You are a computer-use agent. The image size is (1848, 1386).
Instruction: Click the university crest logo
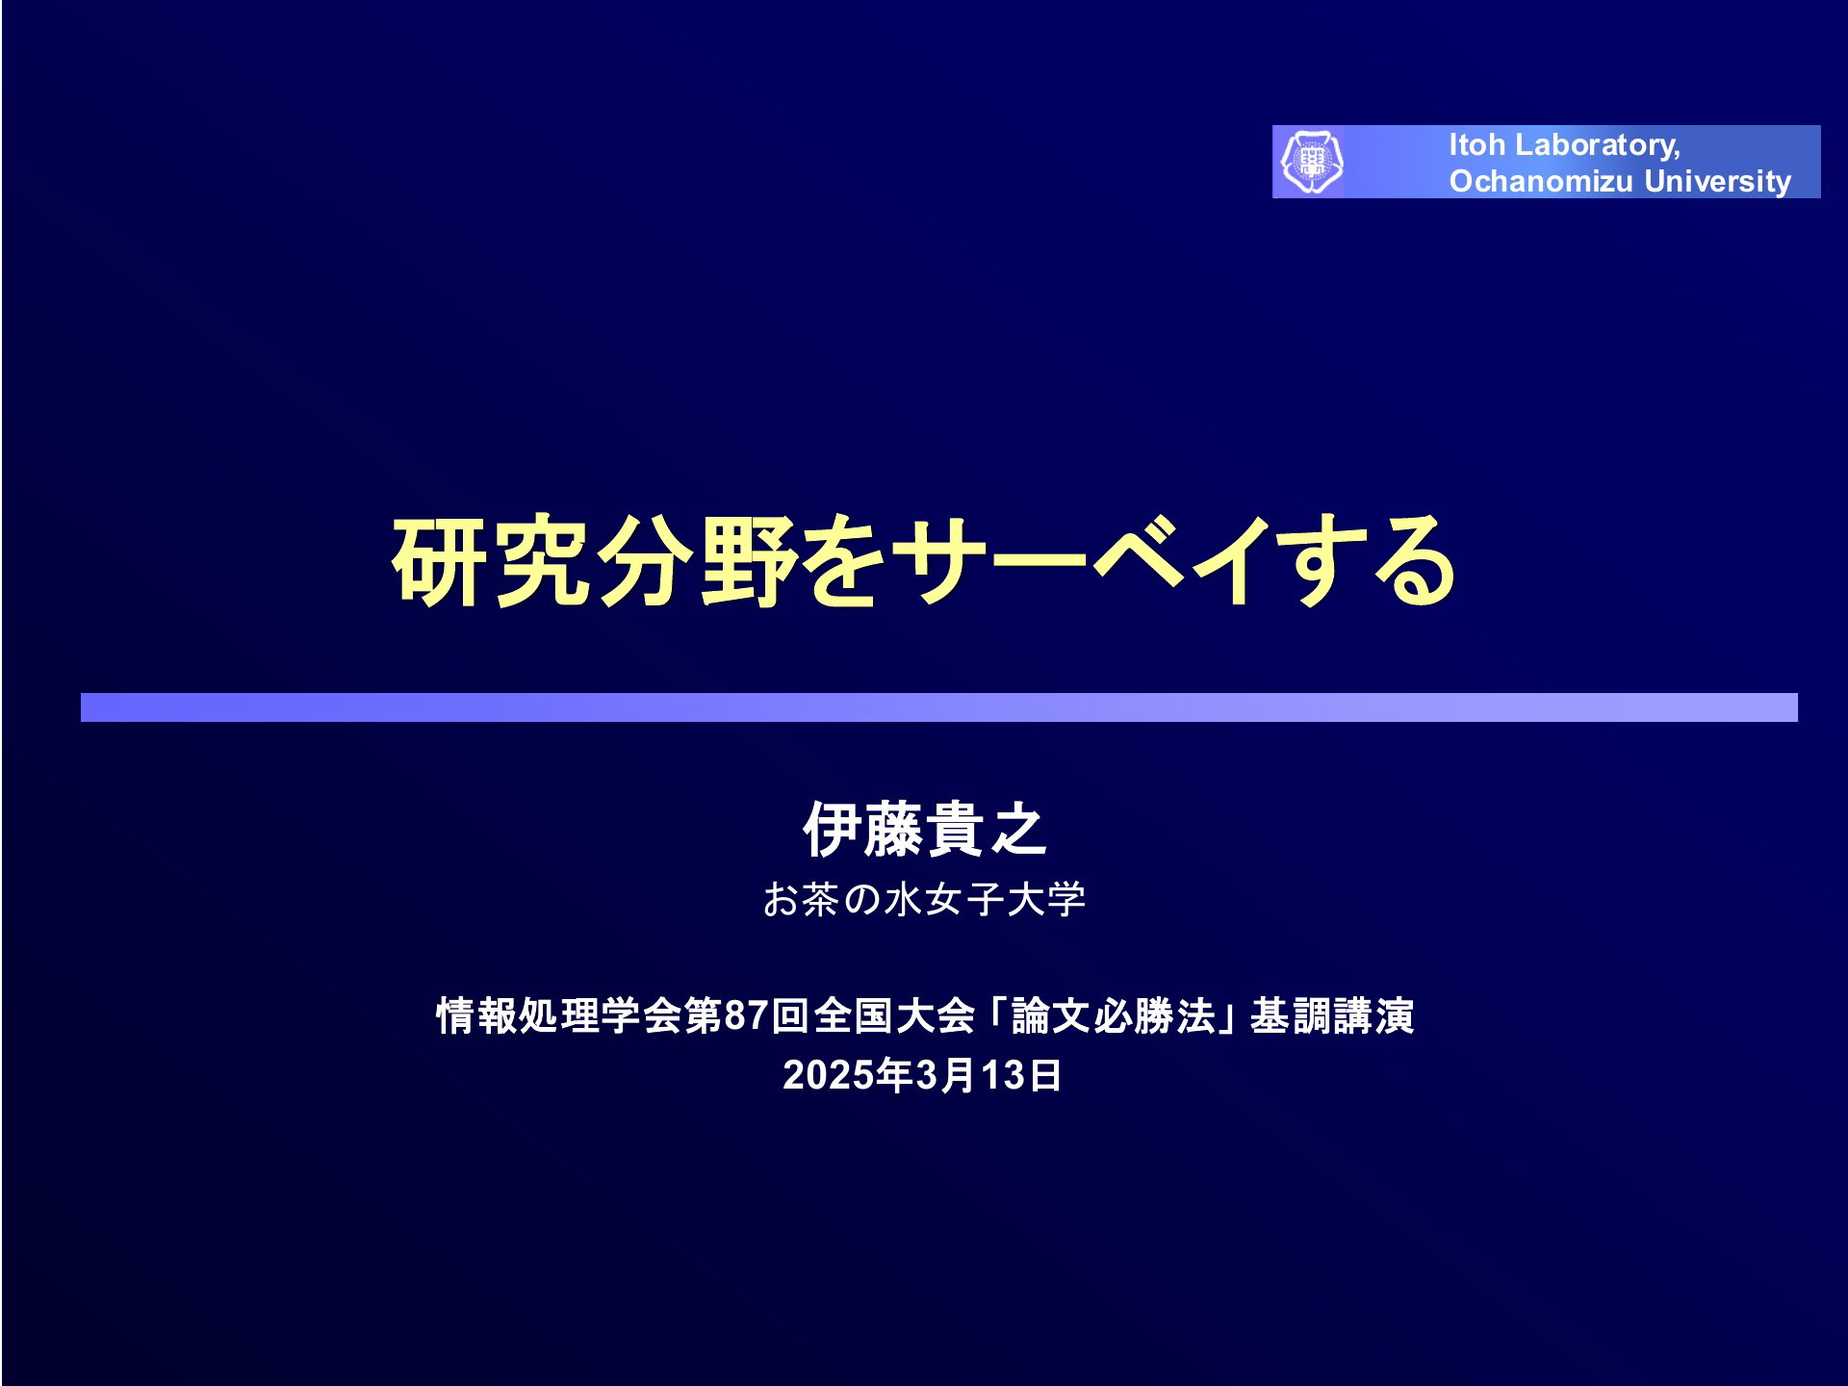pyautogui.click(x=1311, y=162)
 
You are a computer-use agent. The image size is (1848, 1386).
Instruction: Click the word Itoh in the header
pyautogui.click(x=1476, y=144)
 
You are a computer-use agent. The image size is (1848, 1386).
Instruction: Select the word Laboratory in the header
pyautogui.click(x=1597, y=145)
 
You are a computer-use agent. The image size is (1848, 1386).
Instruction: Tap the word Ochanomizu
pyautogui.click(x=1543, y=181)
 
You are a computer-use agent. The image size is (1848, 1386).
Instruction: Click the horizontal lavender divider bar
pyautogui.click(x=938, y=707)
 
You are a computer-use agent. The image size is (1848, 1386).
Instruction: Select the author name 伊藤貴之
pyautogui.click(x=924, y=829)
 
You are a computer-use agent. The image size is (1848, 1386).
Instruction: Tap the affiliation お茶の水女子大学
pyautogui.click(x=924, y=900)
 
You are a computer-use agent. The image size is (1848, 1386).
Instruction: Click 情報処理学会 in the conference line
pyautogui.click(x=539, y=1016)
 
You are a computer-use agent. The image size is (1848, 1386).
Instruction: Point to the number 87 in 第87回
pyautogui.click(x=746, y=1016)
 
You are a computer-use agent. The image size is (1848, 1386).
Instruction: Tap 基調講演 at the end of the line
pyautogui.click(x=1332, y=1016)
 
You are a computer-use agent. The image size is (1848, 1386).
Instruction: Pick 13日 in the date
pyautogui.click(x=1021, y=1075)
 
